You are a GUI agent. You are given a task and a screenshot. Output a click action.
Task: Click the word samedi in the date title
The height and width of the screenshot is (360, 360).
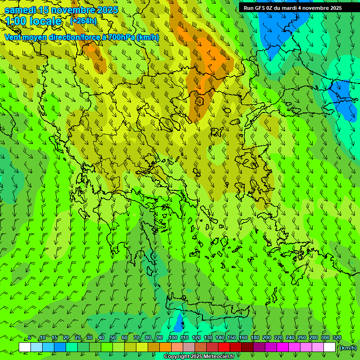(x=20, y=10)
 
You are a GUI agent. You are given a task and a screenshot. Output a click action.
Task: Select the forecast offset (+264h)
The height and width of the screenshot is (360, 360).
(x=83, y=21)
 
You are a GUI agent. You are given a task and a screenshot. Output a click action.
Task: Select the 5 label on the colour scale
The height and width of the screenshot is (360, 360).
(x=30, y=337)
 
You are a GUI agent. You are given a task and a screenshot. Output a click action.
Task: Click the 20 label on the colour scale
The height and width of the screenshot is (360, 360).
(x=66, y=337)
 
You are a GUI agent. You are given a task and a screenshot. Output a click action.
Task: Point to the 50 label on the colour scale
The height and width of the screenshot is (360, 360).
(x=113, y=337)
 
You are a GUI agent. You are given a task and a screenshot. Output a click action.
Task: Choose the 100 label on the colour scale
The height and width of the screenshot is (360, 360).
(x=173, y=337)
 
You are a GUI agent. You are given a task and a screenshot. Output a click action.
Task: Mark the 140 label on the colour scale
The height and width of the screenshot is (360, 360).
(x=220, y=337)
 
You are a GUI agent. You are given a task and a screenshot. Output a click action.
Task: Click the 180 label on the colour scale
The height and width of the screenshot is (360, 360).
(x=255, y=337)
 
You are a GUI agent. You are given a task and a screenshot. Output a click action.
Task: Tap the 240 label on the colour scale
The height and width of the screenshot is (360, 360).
(x=290, y=337)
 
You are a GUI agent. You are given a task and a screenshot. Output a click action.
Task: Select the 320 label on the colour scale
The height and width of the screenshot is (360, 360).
(x=337, y=337)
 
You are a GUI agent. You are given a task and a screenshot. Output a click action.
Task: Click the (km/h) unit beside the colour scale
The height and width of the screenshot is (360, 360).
(x=347, y=348)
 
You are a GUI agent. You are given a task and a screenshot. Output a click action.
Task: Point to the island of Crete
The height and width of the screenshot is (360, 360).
(x=206, y=309)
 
